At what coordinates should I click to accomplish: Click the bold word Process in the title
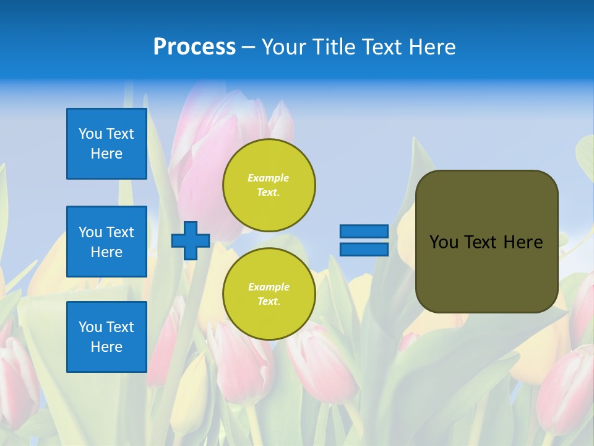click(194, 47)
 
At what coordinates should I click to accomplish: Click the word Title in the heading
click(332, 47)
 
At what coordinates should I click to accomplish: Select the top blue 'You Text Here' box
click(106, 144)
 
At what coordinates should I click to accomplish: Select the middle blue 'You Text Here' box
click(106, 242)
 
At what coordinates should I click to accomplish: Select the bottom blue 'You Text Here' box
click(106, 337)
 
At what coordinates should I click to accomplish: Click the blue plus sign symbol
click(191, 240)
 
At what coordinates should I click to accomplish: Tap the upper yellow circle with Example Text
click(269, 185)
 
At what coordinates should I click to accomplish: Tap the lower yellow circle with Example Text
click(269, 294)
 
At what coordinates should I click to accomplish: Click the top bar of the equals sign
click(364, 231)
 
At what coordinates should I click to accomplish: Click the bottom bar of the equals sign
click(364, 249)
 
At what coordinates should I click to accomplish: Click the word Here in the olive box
click(523, 242)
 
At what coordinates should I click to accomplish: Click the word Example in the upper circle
click(269, 178)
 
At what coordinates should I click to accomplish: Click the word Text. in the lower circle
click(269, 301)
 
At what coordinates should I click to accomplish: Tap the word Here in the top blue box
click(106, 154)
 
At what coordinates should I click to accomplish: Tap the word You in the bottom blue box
click(90, 327)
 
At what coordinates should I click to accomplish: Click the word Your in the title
click(283, 47)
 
